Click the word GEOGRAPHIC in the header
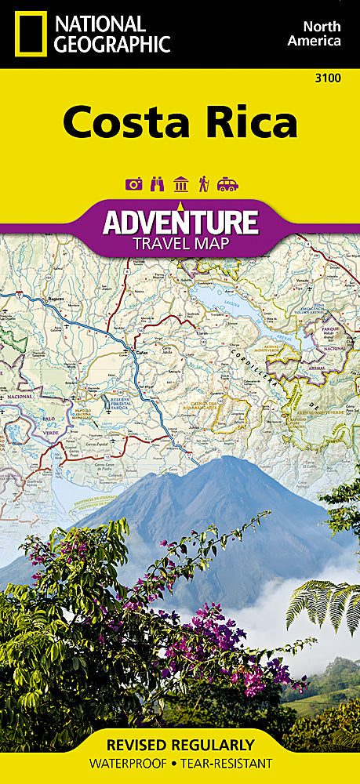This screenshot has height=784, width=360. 112,44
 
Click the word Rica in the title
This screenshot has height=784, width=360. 253,123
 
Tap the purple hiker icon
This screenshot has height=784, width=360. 203,184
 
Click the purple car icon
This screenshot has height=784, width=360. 227,184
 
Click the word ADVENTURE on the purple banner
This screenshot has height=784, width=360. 180,223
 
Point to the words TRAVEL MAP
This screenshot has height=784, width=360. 180,244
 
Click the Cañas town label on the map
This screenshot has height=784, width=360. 140,352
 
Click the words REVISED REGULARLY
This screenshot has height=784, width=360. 180,745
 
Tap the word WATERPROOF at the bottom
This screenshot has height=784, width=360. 129,763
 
